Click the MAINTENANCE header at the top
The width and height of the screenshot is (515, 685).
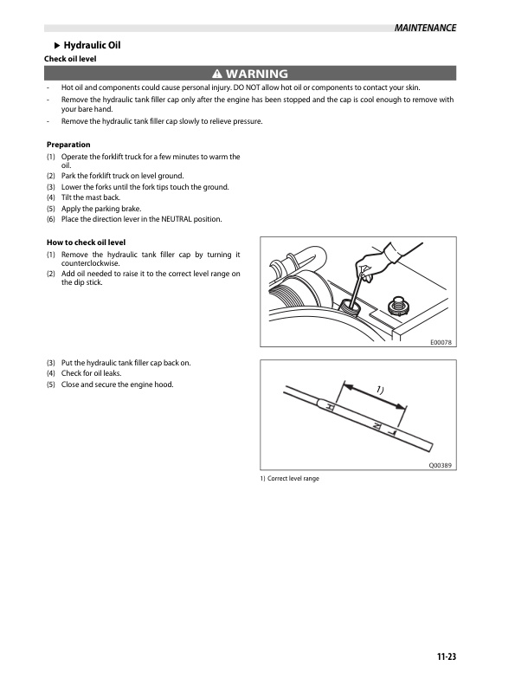pyautogui.click(x=424, y=28)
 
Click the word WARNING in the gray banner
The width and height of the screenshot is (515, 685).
pyautogui.click(x=257, y=74)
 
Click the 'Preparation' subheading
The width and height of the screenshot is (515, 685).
pyautogui.click(x=68, y=145)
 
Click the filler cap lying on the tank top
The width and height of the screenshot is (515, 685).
pyautogui.click(x=399, y=304)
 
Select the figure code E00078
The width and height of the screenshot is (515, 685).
pyautogui.click(x=441, y=343)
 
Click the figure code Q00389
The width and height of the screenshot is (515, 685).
pyautogui.click(x=441, y=465)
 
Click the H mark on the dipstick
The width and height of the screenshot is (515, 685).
pyautogui.click(x=331, y=406)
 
